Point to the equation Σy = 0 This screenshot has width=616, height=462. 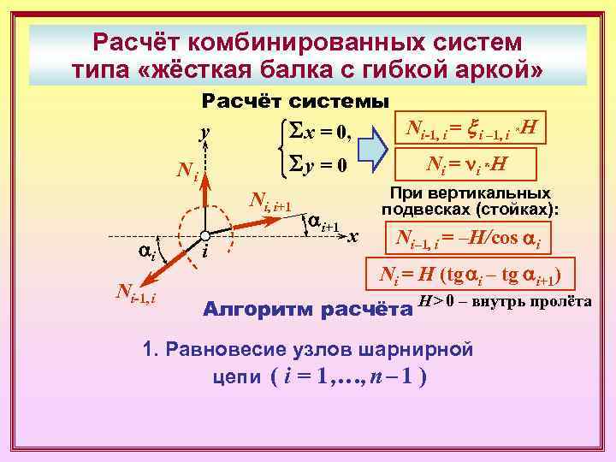click(x=317, y=164)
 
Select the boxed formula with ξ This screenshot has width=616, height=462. click(x=471, y=130)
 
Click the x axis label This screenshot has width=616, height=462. click(x=352, y=235)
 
